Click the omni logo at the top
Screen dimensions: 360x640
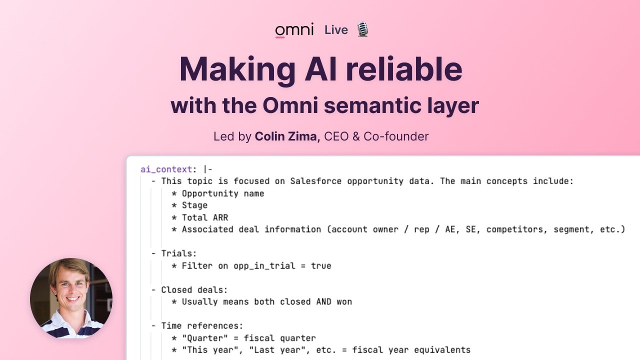click(294, 30)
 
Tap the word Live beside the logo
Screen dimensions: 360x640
click(336, 30)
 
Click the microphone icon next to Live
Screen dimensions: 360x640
click(362, 29)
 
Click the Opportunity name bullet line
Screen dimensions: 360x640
click(222, 193)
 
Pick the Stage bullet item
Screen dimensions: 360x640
click(194, 205)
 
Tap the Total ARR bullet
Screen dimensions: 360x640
click(204, 217)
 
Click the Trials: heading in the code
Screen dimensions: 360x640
click(178, 253)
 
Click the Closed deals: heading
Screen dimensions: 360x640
click(194, 289)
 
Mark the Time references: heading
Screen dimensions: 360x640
click(202, 326)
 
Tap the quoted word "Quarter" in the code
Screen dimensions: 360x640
click(207, 338)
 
